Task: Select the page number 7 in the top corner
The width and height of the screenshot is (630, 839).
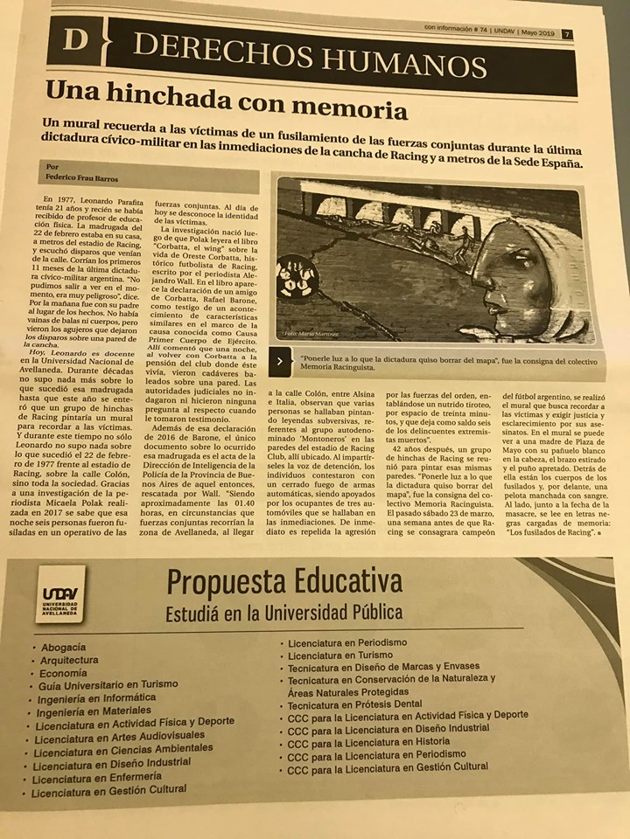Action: tap(568, 34)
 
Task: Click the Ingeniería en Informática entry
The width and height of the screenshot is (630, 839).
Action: tap(97, 698)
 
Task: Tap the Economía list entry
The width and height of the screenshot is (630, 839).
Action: tap(63, 674)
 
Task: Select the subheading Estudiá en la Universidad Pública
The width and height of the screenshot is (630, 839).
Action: tap(284, 611)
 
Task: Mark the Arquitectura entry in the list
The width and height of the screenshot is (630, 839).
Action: tap(69, 661)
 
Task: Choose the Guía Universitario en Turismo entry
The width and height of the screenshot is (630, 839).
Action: tap(108, 685)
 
